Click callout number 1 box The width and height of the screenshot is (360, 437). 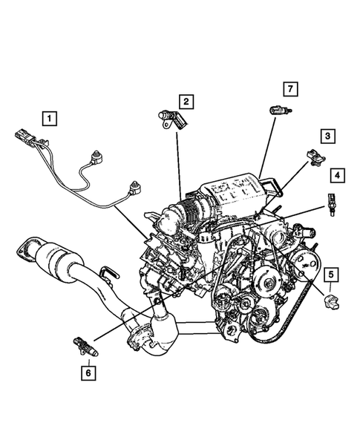[x=49, y=116]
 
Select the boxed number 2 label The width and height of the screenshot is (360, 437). [x=186, y=100]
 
